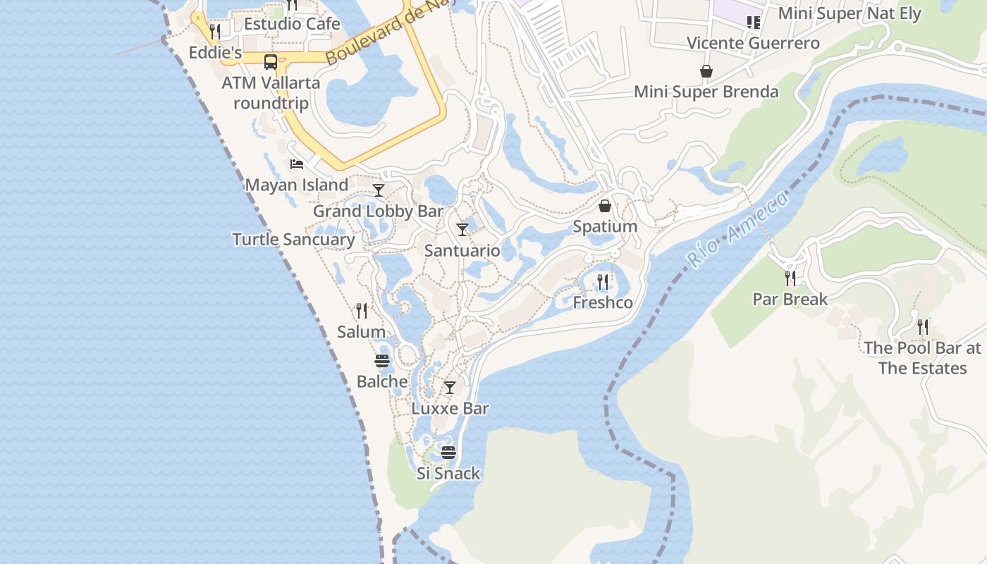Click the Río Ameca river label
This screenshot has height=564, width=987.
[x=737, y=231]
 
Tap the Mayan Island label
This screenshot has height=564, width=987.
[x=296, y=185]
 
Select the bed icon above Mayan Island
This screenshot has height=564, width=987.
[x=297, y=164]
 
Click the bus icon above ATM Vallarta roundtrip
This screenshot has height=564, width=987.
[x=271, y=62]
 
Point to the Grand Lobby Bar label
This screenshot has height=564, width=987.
[x=378, y=211]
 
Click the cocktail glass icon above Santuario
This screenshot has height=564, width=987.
[x=462, y=230]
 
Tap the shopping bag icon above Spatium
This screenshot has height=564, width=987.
[x=605, y=206]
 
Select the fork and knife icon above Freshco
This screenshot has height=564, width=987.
[x=603, y=282]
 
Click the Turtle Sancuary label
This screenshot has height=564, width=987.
[x=293, y=240]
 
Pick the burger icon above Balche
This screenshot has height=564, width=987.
[x=382, y=361]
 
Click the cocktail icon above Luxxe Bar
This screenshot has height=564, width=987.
[x=450, y=388]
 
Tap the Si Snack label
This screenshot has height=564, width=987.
[x=448, y=474]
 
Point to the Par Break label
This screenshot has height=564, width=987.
[x=790, y=300]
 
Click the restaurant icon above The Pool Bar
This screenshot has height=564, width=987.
[x=922, y=327]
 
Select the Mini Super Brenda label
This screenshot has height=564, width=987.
[x=706, y=92]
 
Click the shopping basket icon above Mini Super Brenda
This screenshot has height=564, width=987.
[x=706, y=71]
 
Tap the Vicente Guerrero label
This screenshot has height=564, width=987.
[x=753, y=43]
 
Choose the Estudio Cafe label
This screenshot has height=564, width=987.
[x=292, y=24]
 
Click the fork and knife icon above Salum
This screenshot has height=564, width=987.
[x=362, y=311]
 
